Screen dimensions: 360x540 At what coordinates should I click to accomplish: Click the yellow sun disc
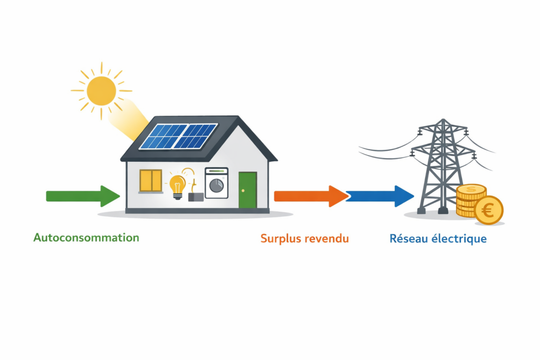pos(101,91)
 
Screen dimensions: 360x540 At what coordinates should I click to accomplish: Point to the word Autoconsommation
pos(86,238)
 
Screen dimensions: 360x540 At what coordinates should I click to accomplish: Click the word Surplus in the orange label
pos(282,239)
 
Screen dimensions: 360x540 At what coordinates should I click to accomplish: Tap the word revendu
pos(327,239)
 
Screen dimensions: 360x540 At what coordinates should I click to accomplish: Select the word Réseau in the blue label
pos(407,239)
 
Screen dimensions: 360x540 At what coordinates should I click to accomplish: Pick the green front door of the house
pos(247,190)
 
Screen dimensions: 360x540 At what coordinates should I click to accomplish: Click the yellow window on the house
pos(151,181)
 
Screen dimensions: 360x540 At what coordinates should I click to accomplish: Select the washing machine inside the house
pos(216,183)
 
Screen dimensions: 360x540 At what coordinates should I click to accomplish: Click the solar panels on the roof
pos(179,136)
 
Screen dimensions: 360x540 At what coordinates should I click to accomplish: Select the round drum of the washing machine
pos(216,187)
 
